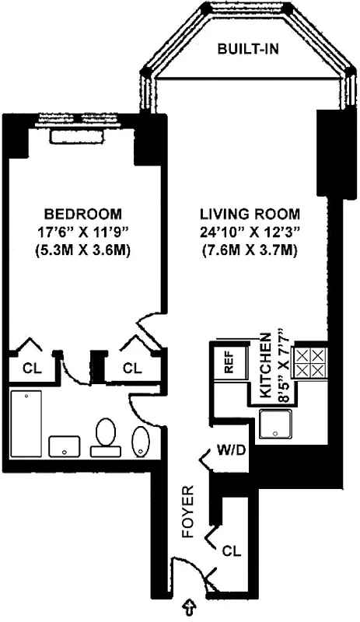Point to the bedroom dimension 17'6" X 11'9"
click(82, 232)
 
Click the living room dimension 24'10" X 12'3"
click(249, 232)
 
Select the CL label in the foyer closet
click(231, 551)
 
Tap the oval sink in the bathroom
click(141, 442)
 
